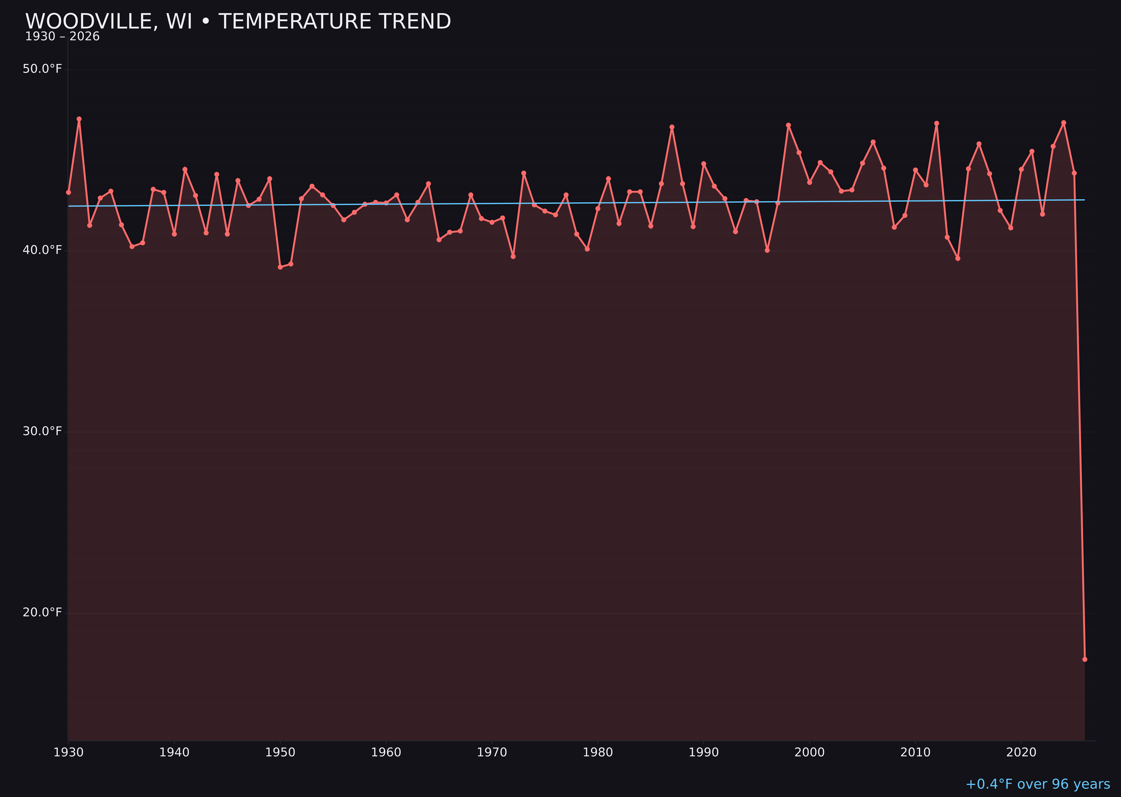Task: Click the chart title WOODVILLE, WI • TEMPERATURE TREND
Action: point(238,22)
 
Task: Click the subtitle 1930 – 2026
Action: point(62,37)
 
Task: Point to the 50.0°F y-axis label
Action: point(42,69)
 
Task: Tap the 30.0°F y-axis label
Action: point(42,431)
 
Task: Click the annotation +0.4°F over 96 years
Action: point(1037,784)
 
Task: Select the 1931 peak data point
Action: point(79,119)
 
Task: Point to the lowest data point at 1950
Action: point(280,267)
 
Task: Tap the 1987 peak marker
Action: point(672,127)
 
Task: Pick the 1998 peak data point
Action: point(788,125)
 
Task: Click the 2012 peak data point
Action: point(937,123)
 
